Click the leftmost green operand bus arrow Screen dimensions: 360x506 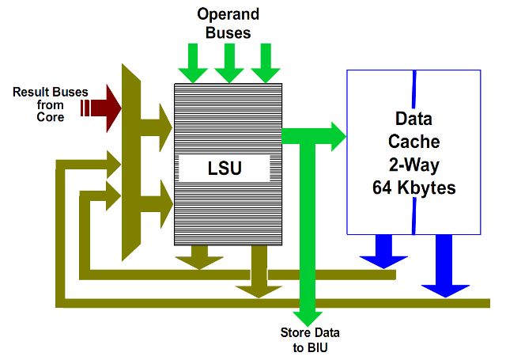pos(193,63)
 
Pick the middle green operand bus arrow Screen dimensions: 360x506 pos(229,63)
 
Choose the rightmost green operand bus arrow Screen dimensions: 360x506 pos(266,63)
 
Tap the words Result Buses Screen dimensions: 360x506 pos(48,92)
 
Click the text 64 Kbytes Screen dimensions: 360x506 pos(414,189)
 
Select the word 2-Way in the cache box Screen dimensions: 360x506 pos(414,166)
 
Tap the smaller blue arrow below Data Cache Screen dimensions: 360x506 pos(383,252)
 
